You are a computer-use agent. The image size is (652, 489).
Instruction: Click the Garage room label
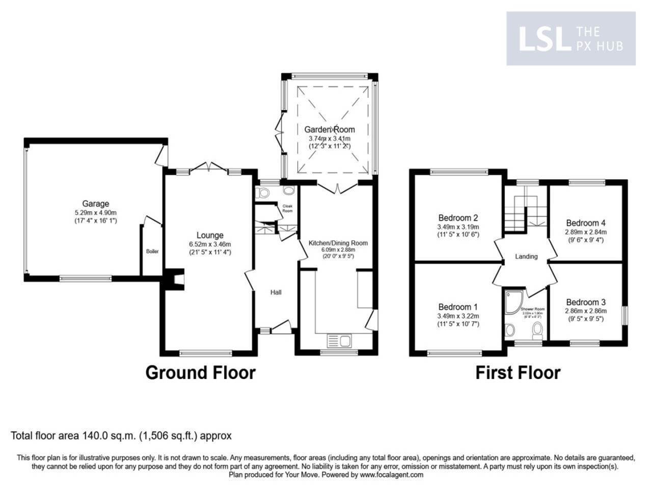(x=96, y=204)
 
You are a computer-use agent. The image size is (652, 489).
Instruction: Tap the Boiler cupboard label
(x=152, y=251)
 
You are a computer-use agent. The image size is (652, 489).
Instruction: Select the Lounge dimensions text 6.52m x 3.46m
(x=210, y=244)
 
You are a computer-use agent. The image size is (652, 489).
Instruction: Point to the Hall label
(x=276, y=292)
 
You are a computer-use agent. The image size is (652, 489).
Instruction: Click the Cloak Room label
(x=287, y=208)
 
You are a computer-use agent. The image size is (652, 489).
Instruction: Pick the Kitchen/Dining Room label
(x=338, y=243)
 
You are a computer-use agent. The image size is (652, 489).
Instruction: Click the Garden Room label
(x=330, y=129)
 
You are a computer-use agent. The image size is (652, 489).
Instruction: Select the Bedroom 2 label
(x=458, y=218)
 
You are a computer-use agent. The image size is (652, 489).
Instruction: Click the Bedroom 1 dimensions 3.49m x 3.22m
(x=458, y=316)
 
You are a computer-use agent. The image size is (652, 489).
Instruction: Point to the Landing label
(x=526, y=256)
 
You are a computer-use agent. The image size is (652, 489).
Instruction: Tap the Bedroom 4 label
(x=586, y=223)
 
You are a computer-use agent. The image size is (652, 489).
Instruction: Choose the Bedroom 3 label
(x=585, y=302)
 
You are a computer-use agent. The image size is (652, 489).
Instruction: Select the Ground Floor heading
(x=200, y=372)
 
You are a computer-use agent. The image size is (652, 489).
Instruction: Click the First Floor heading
(x=518, y=372)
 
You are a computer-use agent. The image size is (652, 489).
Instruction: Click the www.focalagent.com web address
(x=392, y=475)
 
